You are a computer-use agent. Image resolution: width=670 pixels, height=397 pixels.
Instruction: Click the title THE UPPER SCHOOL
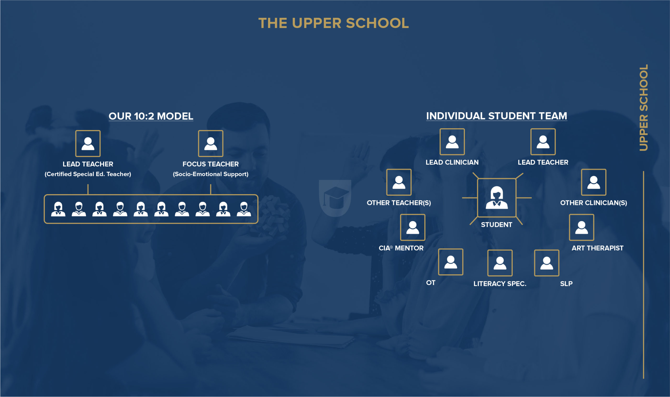click(333, 23)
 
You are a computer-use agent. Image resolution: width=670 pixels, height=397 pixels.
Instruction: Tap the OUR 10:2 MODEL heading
click(151, 116)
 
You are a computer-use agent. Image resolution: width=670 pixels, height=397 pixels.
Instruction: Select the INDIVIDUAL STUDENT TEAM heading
click(497, 116)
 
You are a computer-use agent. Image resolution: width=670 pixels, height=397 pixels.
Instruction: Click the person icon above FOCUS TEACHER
click(210, 143)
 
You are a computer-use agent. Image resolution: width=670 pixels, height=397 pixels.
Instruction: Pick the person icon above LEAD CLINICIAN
click(452, 142)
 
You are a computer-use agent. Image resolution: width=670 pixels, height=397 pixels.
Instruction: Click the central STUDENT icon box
click(497, 198)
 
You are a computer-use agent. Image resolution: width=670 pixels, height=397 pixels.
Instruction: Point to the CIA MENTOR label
click(401, 248)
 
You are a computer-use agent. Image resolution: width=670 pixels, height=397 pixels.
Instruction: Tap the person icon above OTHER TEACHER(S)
click(399, 182)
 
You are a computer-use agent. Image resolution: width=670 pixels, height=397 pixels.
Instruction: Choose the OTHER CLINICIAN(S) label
click(594, 203)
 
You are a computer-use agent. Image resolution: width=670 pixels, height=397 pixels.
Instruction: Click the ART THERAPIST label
click(597, 248)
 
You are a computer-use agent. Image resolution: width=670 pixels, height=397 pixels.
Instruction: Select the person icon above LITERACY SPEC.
click(500, 263)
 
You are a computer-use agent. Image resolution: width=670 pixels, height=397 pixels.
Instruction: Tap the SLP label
click(566, 284)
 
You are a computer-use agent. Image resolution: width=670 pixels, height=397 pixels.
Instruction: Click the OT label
click(431, 283)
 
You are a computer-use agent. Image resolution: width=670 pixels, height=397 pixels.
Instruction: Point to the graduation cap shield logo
click(335, 198)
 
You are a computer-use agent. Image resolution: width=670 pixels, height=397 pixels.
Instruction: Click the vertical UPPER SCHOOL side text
click(644, 108)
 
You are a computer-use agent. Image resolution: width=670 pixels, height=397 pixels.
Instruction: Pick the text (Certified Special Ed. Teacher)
click(88, 174)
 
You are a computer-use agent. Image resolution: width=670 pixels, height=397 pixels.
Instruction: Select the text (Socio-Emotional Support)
click(210, 174)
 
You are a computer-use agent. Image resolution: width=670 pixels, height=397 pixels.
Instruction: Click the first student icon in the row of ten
click(58, 209)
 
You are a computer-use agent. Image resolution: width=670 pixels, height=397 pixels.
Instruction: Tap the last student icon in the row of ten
click(244, 209)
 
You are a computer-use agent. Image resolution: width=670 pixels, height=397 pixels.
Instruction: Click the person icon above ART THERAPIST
click(582, 227)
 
